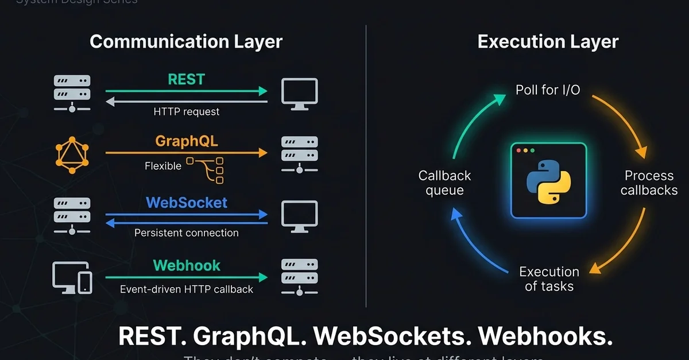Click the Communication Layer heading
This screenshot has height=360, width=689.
[x=186, y=42]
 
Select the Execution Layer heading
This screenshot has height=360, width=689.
[x=548, y=42]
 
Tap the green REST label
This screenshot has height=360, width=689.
[x=186, y=79]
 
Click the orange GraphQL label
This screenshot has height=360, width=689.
[x=187, y=141]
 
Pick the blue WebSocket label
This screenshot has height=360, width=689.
[x=187, y=203]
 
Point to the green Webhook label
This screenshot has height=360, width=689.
[x=187, y=265]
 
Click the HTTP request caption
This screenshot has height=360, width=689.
[x=187, y=111]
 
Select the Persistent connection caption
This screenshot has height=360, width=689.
[x=187, y=233]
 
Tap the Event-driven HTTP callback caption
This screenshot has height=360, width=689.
[x=187, y=289]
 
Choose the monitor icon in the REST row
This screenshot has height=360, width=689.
[x=299, y=92]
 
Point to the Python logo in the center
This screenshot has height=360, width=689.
[x=548, y=181]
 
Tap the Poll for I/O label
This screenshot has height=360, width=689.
[x=548, y=91]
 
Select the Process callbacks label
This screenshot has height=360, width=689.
[x=649, y=183]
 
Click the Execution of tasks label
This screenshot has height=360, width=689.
[x=549, y=278]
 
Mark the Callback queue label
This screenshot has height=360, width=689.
[x=445, y=183]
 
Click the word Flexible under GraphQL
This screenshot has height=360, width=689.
[x=163, y=166]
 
